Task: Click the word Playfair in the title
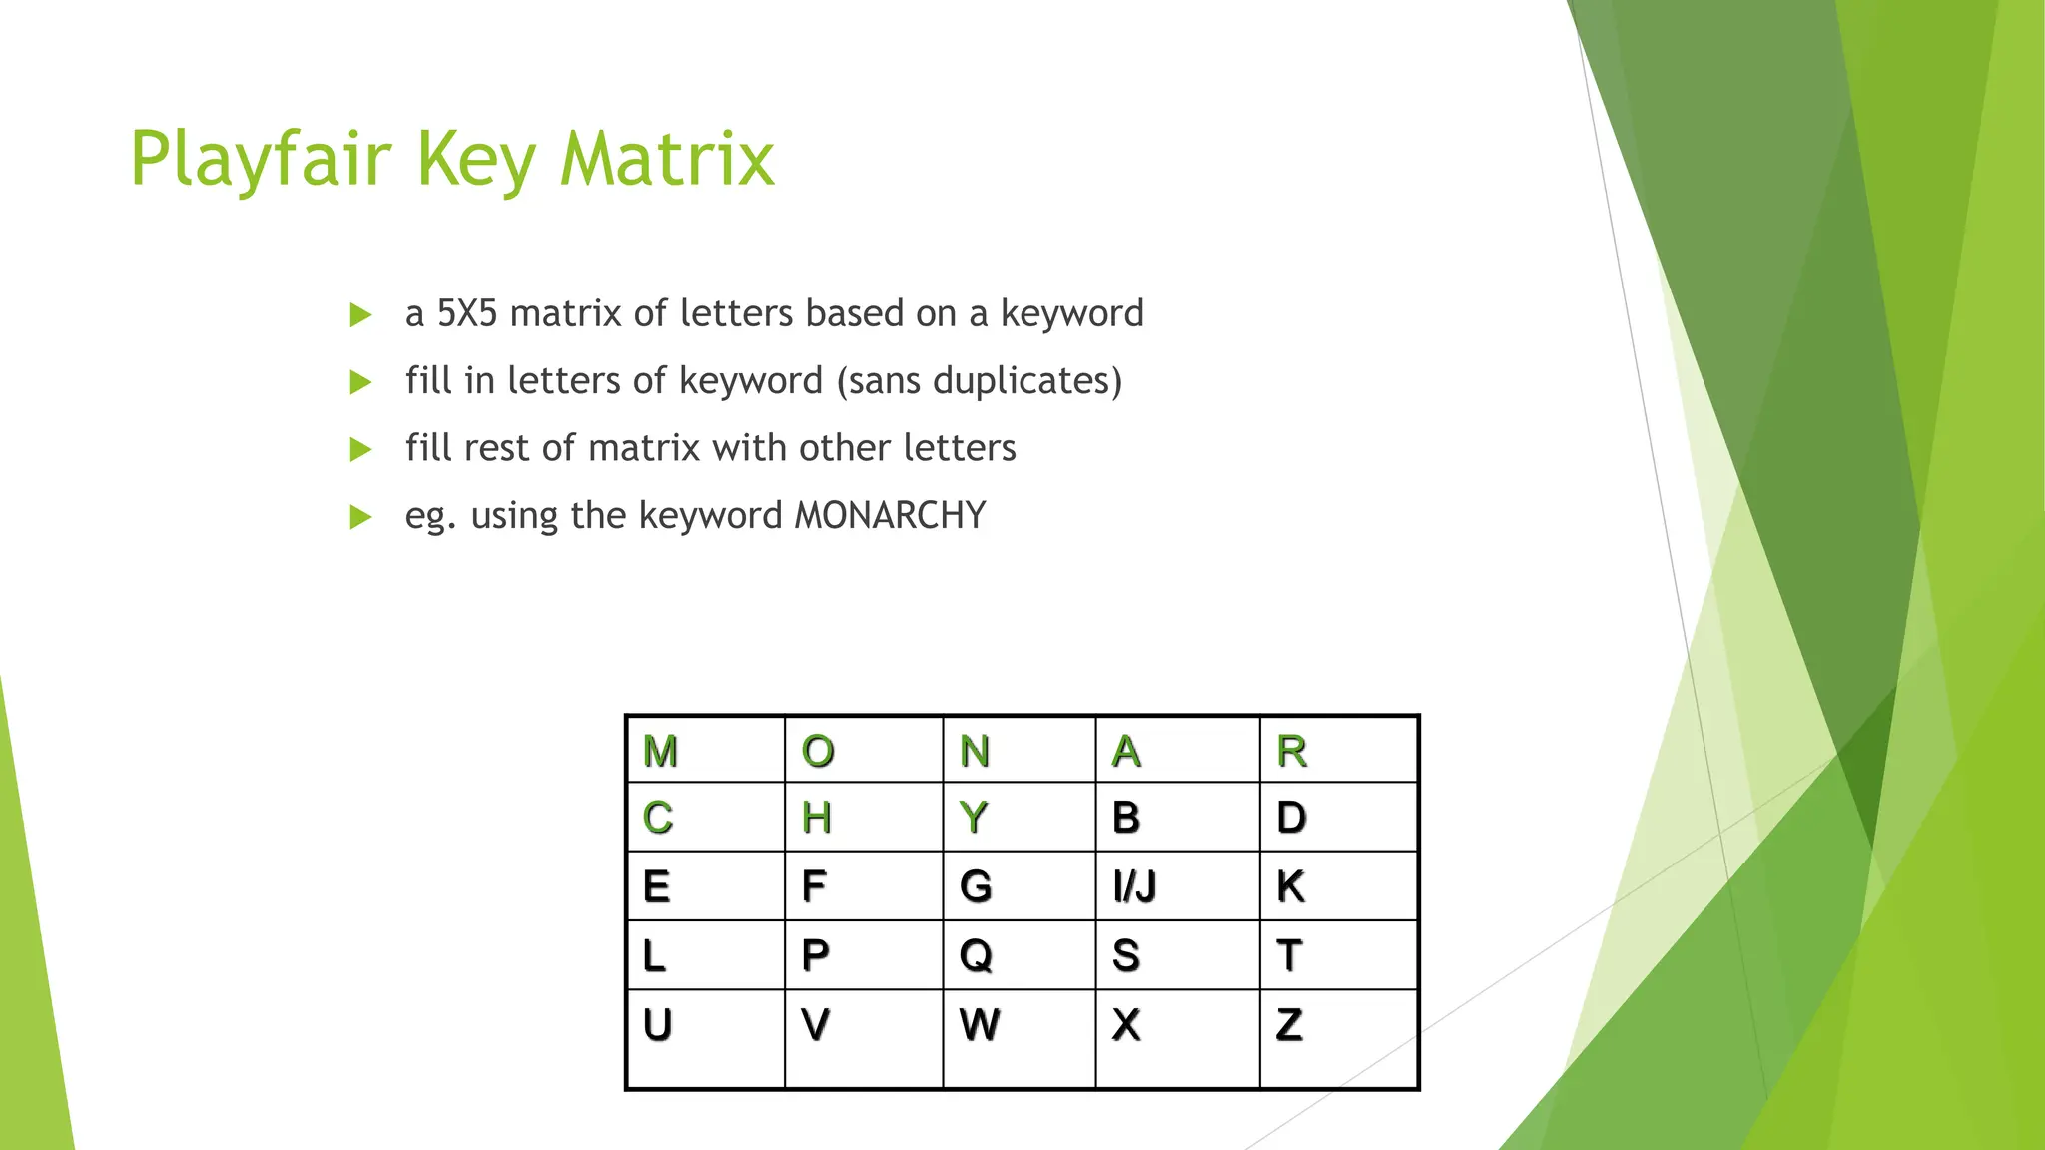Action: (x=261, y=159)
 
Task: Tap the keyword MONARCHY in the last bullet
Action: (x=890, y=515)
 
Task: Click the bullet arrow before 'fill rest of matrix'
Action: (x=360, y=450)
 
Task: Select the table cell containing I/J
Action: (x=1135, y=886)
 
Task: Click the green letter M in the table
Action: (x=660, y=751)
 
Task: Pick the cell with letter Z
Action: (x=1289, y=1025)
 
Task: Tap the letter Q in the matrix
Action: (x=976, y=955)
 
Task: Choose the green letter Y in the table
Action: (x=974, y=818)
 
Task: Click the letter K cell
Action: (x=1290, y=886)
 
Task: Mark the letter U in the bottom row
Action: (x=657, y=1025)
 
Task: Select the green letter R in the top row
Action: (x=1291, y=751)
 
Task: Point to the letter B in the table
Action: (x=1126, y=818)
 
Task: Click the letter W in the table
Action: (x=979, y=1025)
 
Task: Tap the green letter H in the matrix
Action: (x=816, y=818)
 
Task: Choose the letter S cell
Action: (x=1126, y=955)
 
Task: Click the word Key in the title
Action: (x=475, y=159)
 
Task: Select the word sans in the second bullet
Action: (x=883, y=380)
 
